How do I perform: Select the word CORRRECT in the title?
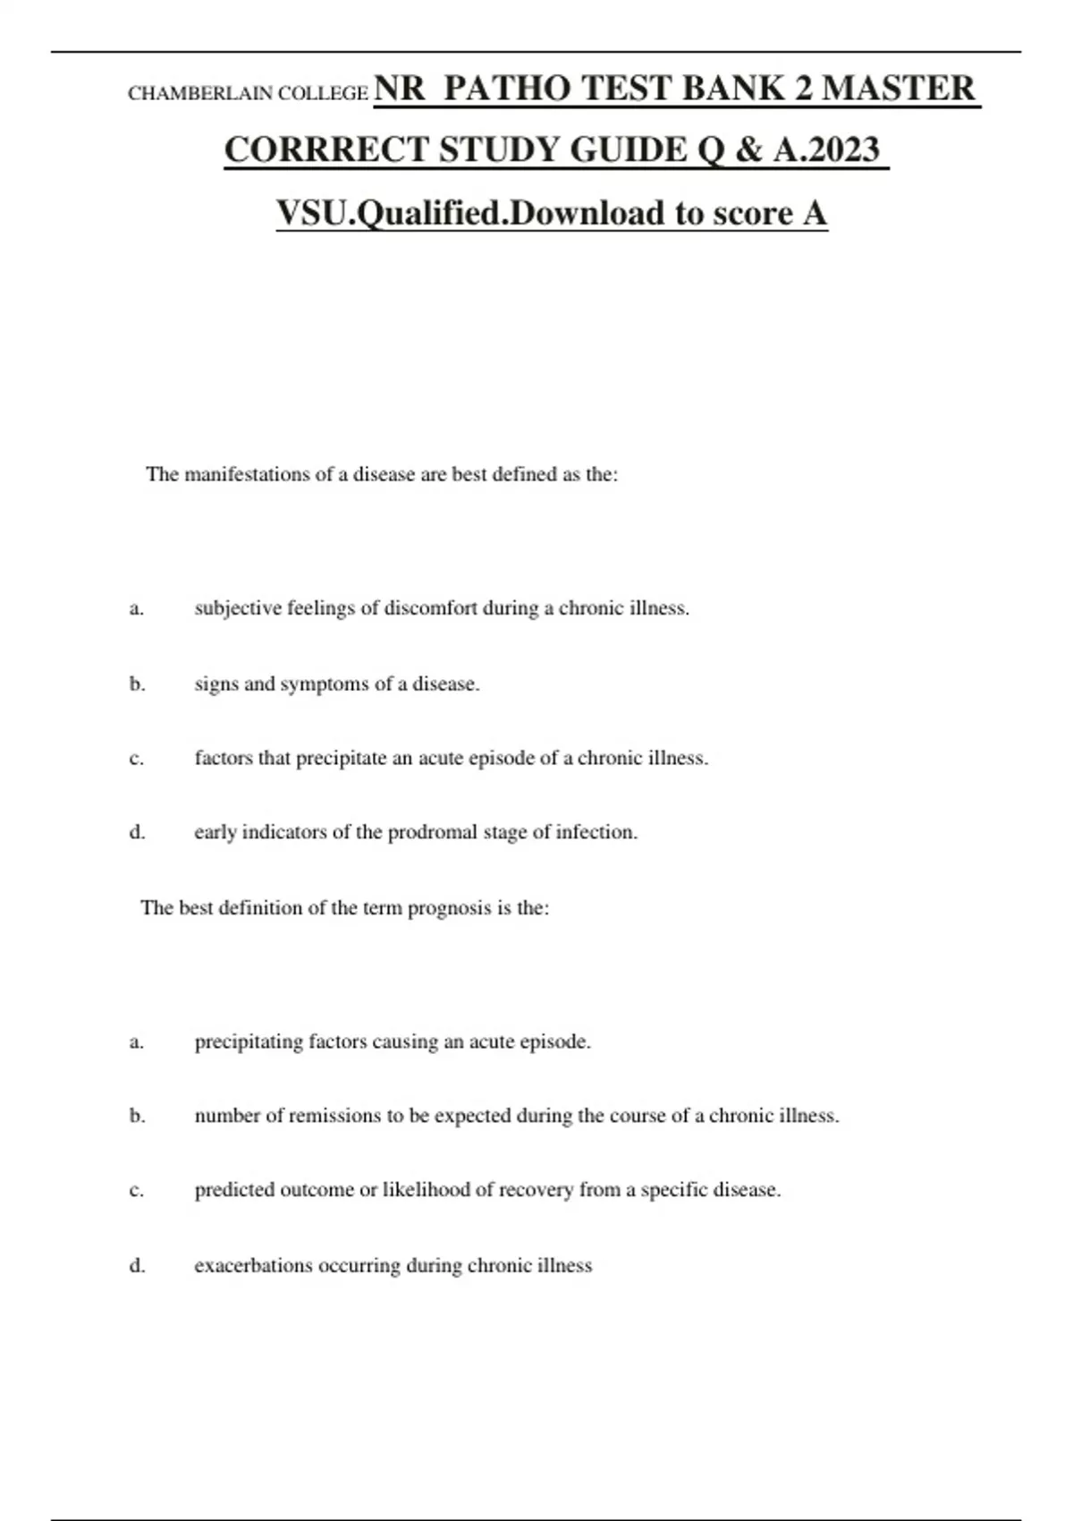pos(326,149)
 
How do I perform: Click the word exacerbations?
pos(253,1266)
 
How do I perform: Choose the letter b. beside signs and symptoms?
pos(137,684)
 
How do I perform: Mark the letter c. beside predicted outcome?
pos(137,1191)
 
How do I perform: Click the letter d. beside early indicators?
pos(137,832)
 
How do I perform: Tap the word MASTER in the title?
pos(899,89)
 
